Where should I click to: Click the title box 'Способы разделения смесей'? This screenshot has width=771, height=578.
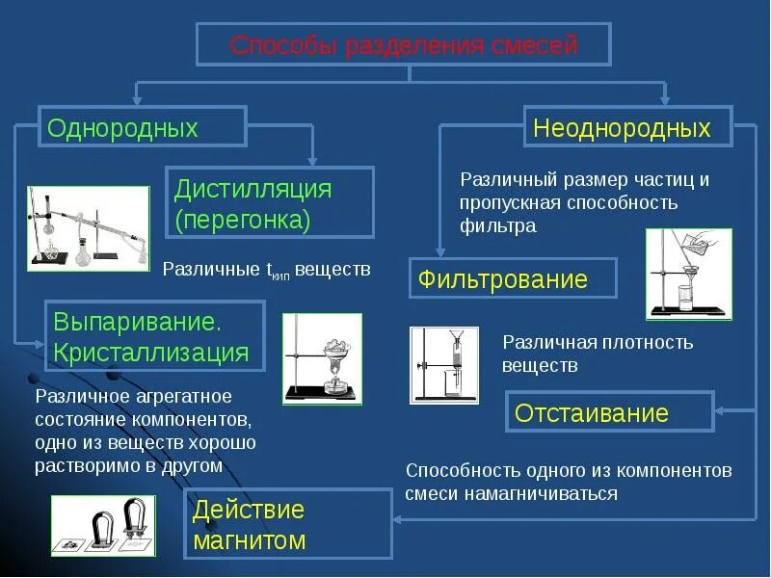pos(404,46)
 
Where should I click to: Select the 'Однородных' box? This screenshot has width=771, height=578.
pos(143,127)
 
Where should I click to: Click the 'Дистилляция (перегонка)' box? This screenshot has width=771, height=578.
pos(271,202)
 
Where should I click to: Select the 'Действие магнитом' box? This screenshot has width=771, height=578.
pos(289,523)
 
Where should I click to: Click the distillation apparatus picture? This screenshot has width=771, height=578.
pos(89,228)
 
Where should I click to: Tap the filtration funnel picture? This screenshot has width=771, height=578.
pos(688,274)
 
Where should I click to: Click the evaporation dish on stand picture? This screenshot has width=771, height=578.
pos(322,358)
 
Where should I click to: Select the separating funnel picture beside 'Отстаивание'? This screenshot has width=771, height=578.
pos(444,364)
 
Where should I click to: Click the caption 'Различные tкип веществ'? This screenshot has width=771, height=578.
pos(266,270)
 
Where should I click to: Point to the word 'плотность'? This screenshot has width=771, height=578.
pos(649,343)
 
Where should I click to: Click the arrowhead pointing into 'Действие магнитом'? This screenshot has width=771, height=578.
pos(399,520)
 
